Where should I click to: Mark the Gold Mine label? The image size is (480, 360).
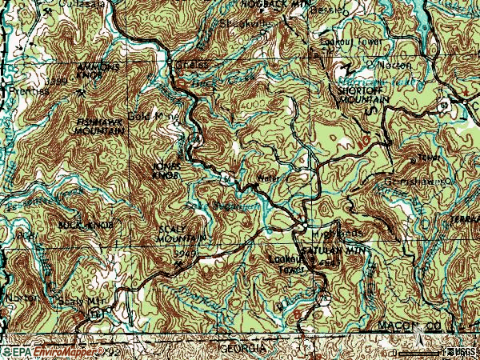[151, 116]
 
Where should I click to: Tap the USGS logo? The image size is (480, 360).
[460, 351]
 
